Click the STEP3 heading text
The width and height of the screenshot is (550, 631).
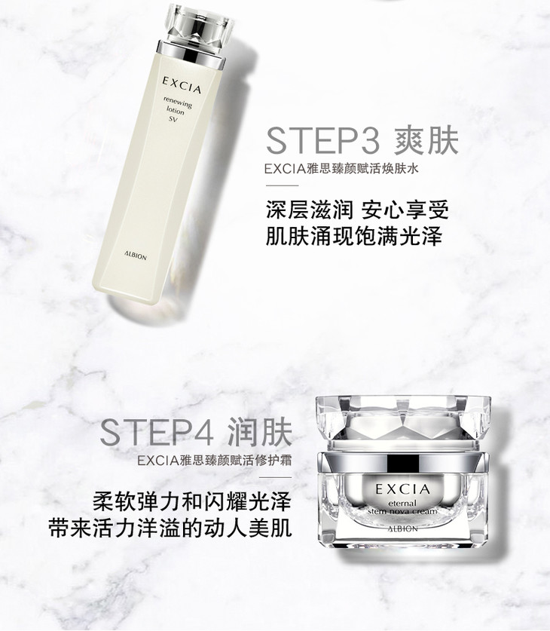323,140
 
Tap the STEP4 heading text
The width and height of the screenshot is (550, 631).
157,433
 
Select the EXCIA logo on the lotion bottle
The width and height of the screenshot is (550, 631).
182,85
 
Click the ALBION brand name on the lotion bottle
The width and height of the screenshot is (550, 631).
136,256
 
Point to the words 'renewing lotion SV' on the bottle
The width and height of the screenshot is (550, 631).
176,109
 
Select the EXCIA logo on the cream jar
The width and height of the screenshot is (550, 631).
403,489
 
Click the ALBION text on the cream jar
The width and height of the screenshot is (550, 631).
403,528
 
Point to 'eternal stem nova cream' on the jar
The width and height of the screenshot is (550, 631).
402,507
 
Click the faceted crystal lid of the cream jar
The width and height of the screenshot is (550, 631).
403,422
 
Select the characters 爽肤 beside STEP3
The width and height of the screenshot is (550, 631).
426,140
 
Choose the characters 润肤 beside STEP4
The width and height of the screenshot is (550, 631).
260,433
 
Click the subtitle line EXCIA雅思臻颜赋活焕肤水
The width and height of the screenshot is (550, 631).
341,169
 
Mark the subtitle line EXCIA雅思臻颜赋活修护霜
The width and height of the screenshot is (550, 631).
215,461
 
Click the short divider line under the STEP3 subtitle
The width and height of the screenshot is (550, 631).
283,185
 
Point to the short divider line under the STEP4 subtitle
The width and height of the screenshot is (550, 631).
276,477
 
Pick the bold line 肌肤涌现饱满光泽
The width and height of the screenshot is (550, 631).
354,237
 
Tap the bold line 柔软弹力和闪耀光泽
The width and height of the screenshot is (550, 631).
192,501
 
